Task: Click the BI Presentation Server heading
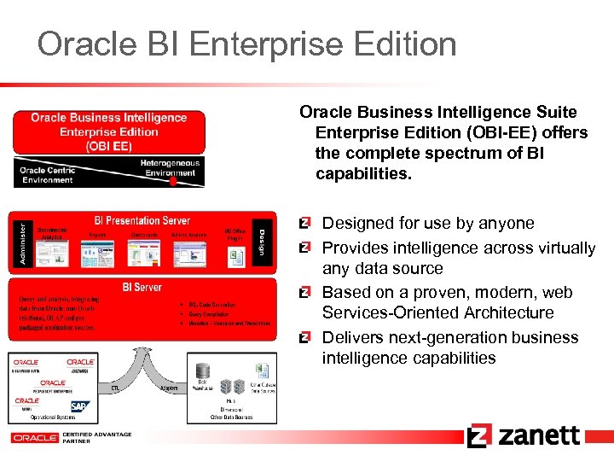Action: point(142,221)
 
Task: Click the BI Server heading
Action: point(142,287)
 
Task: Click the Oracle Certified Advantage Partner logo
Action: point(72,436)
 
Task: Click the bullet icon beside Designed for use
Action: point(304,224)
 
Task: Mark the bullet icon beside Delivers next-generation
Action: point(304,337)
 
